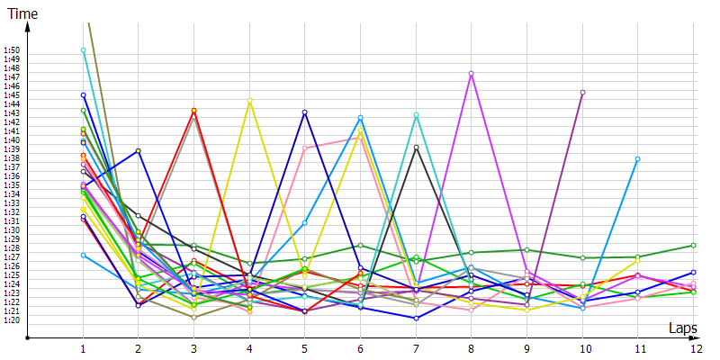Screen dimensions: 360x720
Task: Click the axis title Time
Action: [x=21, y=13]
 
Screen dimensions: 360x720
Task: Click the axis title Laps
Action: [x=683, y=328]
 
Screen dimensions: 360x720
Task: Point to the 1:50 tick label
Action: [x=12, y=50]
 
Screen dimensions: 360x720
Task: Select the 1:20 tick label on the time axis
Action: [x=12, y=319]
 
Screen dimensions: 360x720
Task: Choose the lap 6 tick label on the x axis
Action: [x=360, y=347]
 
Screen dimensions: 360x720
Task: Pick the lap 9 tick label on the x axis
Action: [x=526, y=347]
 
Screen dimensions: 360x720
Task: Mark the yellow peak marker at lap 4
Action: [x=249, y=101]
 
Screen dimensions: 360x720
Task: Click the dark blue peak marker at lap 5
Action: [x=305, y=112]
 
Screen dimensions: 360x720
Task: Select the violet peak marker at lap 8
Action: [x=472, y=74]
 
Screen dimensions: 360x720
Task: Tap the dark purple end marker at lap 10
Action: [x=582, y=93]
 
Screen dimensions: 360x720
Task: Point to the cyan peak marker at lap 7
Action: [x=416, y=115]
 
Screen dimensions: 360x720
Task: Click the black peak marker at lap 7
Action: [x=416, y=147]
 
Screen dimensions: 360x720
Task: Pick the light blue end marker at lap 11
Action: [x=637, y=158]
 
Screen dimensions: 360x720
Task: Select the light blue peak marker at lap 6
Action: [x=360, y=118]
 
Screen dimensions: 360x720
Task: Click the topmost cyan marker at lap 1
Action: [x=84, y=50]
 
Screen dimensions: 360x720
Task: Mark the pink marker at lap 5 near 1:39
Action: [x=305, y=148]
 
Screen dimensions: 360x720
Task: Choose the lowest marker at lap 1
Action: [x=84, y=255]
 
